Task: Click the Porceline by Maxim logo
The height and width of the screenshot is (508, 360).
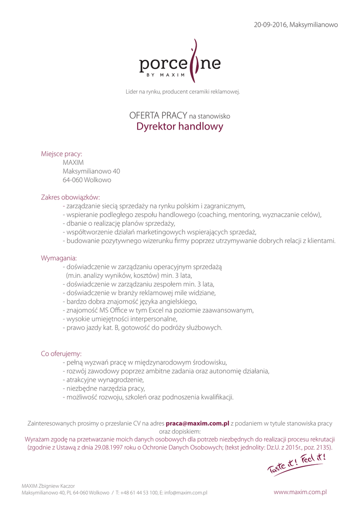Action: click(180, 63)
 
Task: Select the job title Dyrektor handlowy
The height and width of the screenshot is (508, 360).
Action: click(180, 127)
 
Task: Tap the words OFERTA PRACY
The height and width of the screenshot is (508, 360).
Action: click(158, 116)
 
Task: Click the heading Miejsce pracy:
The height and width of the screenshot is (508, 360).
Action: click(62, 154)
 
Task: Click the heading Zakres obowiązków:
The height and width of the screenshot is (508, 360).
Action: click(71, 197)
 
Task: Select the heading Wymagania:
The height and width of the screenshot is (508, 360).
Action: click(59, 258)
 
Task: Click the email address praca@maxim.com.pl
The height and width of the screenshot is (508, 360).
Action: click(197, 423)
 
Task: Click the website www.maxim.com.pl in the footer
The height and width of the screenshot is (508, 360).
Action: click(300, 492)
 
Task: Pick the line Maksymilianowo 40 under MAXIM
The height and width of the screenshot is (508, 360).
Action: click(91, 172)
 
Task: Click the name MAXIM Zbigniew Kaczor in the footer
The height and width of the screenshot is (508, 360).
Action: click(48, 486)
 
